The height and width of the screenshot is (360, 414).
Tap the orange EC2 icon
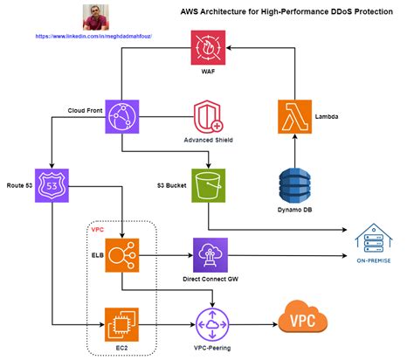pyautogui.click(x=122, y=324)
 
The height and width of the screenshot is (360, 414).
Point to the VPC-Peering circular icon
pyautogui.click(x=210, y=324)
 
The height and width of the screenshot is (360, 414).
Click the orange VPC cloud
pyautogui.click(x=302, y=319)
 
